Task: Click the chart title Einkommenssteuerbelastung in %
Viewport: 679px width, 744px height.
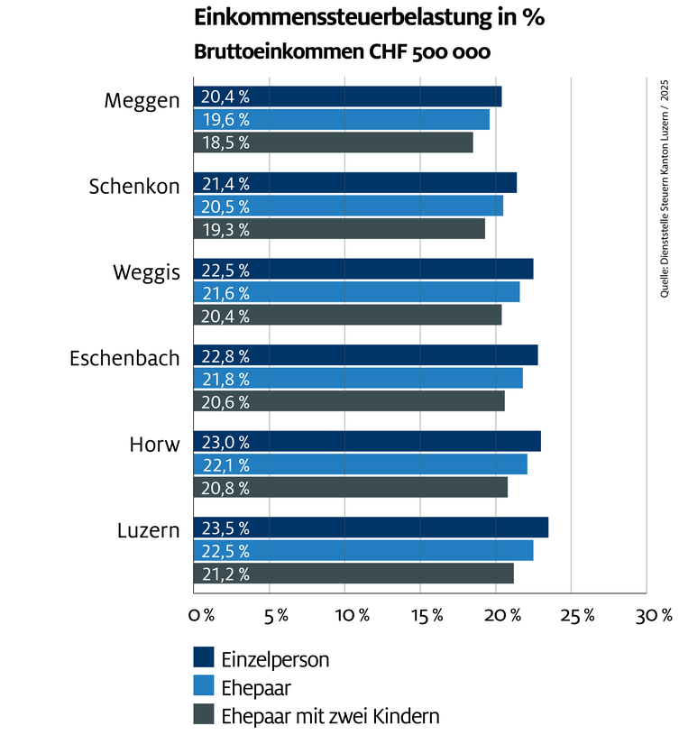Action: [x=370, y=18]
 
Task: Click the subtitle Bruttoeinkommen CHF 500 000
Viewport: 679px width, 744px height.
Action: [x=342, y=52]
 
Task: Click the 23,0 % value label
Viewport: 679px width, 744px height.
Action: [x=225, y=442]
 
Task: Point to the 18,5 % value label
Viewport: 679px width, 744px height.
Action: [x=225, y=142]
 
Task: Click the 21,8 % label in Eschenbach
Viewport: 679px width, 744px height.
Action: [x=225, y=379]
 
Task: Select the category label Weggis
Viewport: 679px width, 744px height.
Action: [x=146, y=271]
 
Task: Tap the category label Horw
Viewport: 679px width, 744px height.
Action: [x=154, y=444]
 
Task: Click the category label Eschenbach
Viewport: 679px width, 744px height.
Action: [x=124, y=358]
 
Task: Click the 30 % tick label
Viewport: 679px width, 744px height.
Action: [x=655, y=616]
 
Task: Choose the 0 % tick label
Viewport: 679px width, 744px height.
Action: [x=201, y=616]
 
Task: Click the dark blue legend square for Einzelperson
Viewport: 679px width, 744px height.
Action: [x=204, y=658]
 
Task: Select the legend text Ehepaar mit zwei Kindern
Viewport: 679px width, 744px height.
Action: [x=330, y=716]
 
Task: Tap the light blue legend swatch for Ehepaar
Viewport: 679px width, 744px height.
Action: [x=204, y=687]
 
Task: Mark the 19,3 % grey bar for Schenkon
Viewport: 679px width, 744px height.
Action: [x=339, y=229]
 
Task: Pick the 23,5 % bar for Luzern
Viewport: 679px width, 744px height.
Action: [x=371, y=528]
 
